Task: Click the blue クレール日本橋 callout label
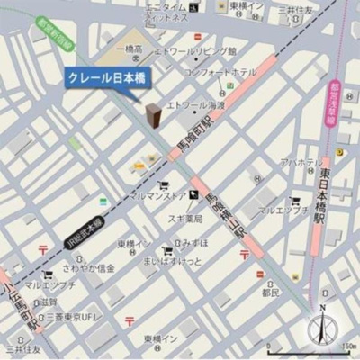point(107,78)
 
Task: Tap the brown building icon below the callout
point(154,115)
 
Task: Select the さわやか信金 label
point(93,268)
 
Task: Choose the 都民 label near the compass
point(270,292)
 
